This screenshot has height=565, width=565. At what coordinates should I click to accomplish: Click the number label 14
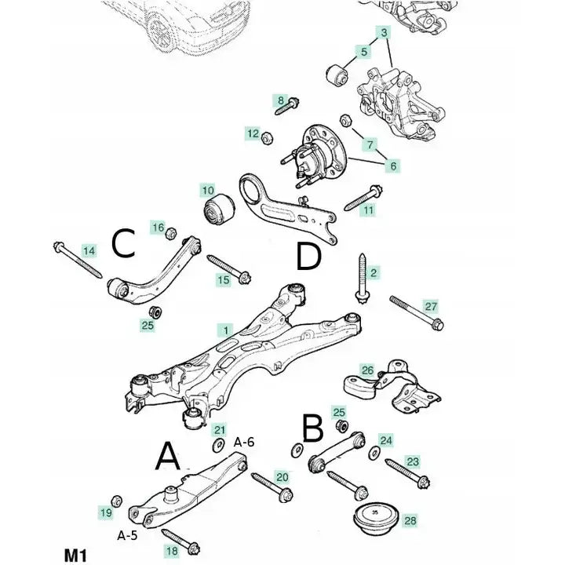tap(89, 250)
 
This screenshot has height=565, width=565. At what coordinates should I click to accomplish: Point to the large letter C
tap(123, 245)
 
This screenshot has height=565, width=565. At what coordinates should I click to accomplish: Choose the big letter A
tap(169, 455)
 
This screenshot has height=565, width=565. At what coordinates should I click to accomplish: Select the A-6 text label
tap(244, 442)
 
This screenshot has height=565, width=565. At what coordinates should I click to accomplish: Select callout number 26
tap(367, 369)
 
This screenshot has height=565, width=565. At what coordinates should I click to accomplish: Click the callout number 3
tap(385, 33)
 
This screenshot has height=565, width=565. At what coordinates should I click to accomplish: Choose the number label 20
tap(282, 476)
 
